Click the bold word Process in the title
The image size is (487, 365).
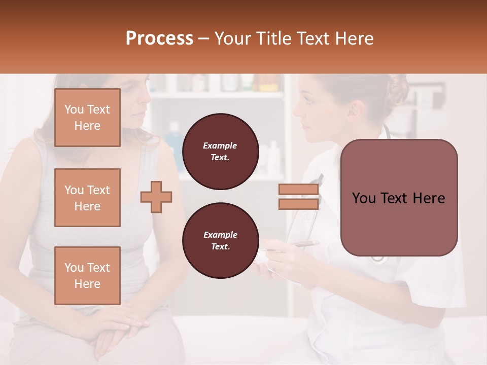click(x=159, y=39)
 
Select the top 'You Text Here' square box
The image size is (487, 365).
click(x=87, y=118)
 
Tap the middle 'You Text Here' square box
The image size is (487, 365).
click(x=87, y=198)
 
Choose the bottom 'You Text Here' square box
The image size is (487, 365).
click(x=87, y=276)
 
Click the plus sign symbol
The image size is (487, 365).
click(x=156, y=197)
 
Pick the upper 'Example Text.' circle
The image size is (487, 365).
click(x=220, y=151)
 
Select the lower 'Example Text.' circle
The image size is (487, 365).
click(x=220, y=240)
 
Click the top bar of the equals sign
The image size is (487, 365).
click(x=298, y=190)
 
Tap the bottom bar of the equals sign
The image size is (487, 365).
click(x=298, y=204)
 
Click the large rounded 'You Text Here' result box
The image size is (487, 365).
click(x=399, y=198)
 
